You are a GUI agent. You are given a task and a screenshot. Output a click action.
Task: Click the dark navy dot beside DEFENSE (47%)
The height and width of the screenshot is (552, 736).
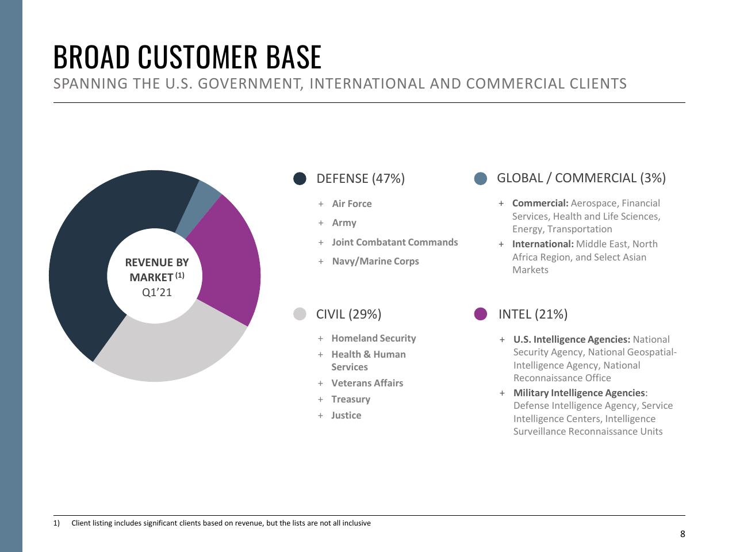tap(300, 178)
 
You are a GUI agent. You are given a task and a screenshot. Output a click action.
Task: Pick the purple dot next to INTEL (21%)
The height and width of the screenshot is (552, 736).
tap(481, 314)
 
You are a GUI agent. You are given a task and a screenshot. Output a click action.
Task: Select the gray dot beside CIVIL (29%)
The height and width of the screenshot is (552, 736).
tap(300, 314)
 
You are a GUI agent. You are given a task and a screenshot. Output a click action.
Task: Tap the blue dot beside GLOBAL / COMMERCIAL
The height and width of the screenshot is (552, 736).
tap(481, 178)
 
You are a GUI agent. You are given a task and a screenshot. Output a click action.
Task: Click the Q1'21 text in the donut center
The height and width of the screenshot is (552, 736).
tap(156, 292)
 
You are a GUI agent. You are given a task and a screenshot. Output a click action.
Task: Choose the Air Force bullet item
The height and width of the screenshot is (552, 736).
tap(352, 204)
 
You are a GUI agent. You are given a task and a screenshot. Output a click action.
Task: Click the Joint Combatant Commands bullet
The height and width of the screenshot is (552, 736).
tap(394, 242)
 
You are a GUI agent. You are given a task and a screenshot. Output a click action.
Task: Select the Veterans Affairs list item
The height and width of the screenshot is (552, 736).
tap(367, 383)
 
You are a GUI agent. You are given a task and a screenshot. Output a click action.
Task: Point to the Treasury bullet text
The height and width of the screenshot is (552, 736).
tap(351, 399)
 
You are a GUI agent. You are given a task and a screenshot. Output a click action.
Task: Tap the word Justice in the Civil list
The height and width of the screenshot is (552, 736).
tap(346, 415)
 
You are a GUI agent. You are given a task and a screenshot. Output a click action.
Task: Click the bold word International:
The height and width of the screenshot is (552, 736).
tap(543, 244)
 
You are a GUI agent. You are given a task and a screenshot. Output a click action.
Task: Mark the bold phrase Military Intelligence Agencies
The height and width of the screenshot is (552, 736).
tap(579, 393)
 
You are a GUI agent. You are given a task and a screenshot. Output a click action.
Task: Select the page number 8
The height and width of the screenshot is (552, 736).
tap(683, 534)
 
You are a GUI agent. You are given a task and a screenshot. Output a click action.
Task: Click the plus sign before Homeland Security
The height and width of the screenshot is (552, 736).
tap(320, 339)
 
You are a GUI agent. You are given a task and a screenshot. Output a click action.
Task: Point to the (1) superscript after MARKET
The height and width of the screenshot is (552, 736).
tap(180, 275)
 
